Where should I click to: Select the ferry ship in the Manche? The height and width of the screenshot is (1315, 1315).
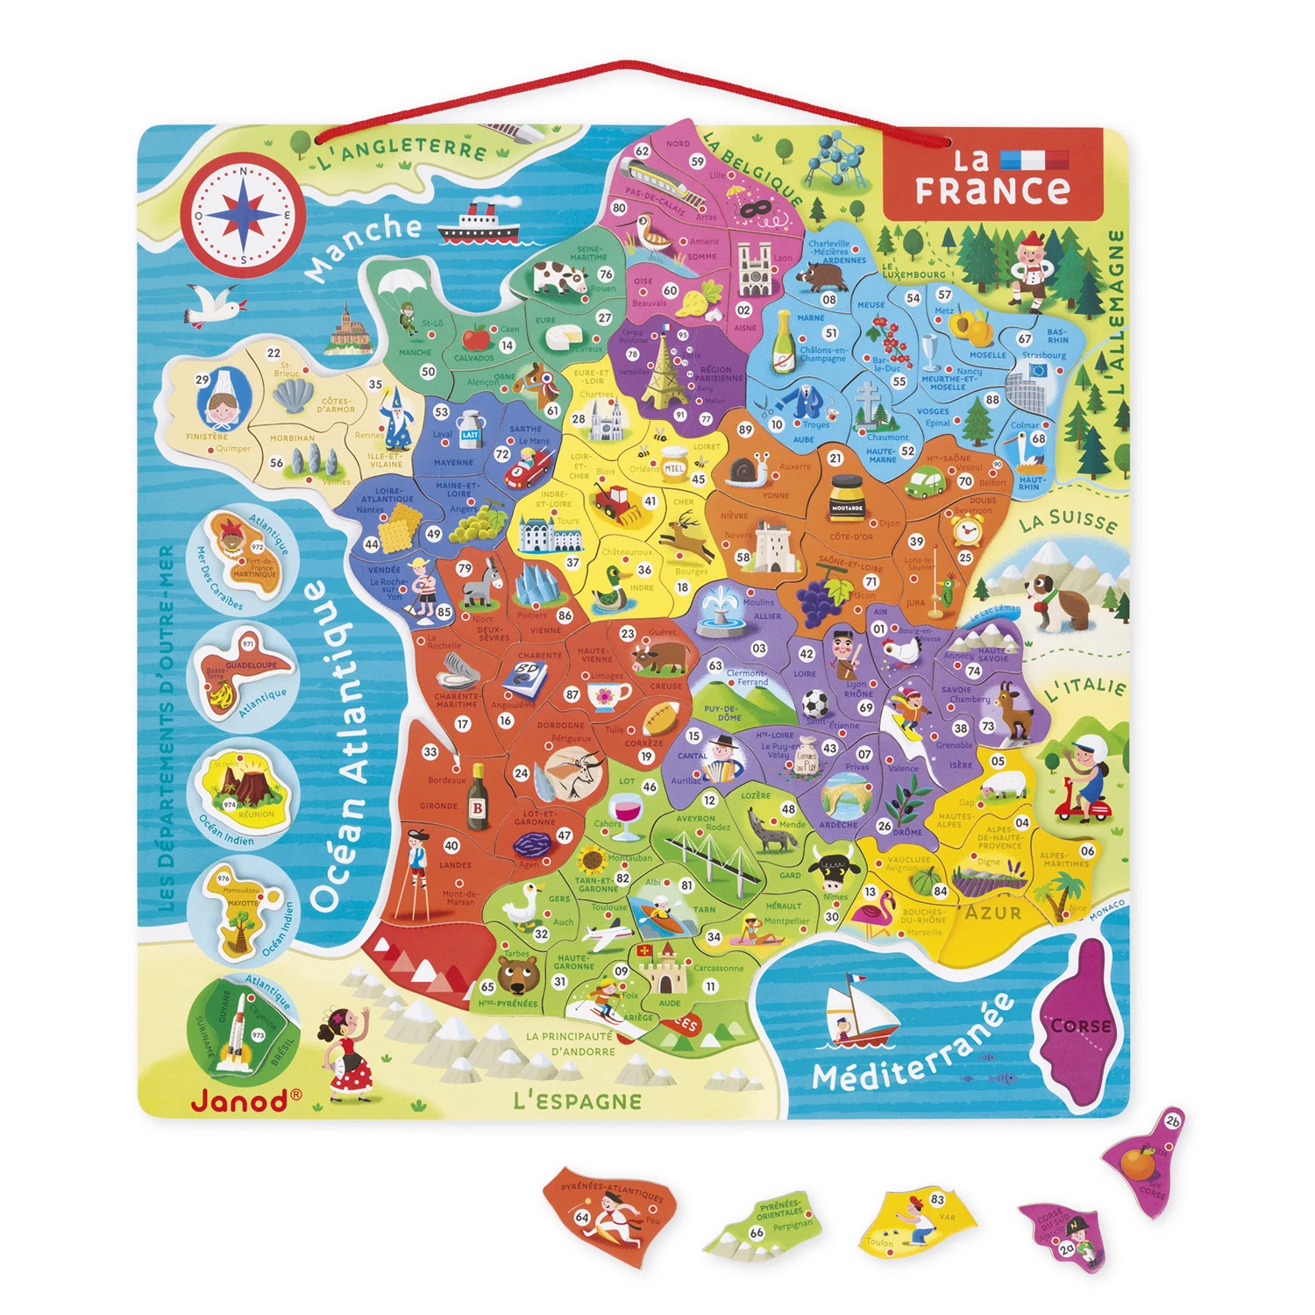(x=478, y=224)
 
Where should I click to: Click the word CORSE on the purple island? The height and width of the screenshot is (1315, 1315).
(x=1080, y=1026)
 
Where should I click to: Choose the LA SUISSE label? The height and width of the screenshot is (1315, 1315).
(x=1068, y=521)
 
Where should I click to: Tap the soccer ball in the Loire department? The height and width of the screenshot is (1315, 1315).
(x=814, y=704)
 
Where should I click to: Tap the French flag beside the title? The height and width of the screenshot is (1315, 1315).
(x=1034, y=160)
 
